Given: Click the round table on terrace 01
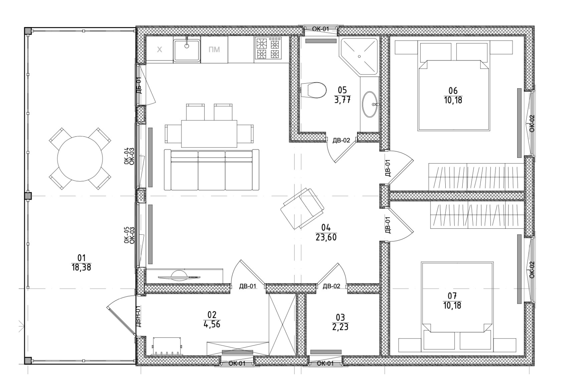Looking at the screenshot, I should click(x=80, y=158).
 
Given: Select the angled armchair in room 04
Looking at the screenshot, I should click(x=302, y=209).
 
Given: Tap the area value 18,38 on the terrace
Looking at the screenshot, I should click(x=81, y=267).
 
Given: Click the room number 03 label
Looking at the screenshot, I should click(x=340, y=317).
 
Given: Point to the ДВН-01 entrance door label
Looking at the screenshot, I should click(x=138, y=316).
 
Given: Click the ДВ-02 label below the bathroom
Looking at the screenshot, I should click(x=341, y=140).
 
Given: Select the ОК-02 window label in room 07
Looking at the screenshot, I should click(x=532, y=270).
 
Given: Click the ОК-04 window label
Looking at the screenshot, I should click(x=127, y=156).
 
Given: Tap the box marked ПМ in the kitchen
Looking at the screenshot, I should click(x=214, y=49).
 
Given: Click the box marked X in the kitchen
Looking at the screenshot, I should click(x=159, y=49).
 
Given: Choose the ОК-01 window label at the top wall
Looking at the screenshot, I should click(x=320, y=29).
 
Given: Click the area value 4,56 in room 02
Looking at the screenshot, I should click(x=212, y=324).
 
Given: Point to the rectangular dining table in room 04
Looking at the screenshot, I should click(x=209, y=134).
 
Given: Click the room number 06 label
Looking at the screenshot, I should click(x=453, y=91).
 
